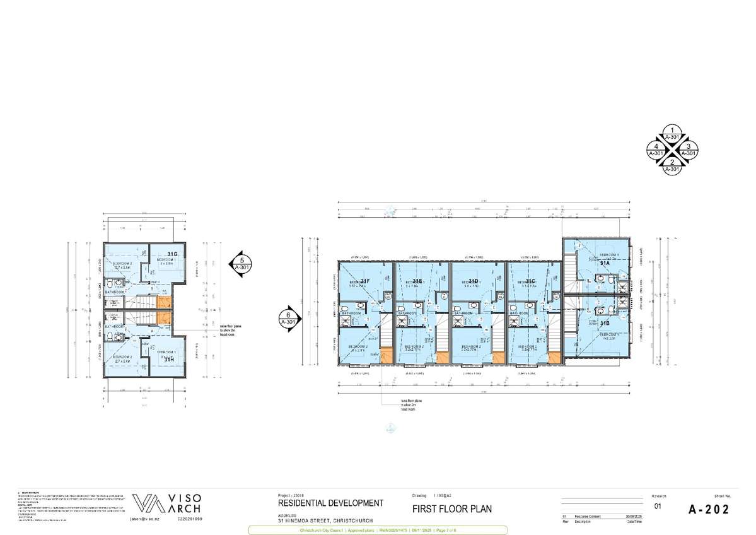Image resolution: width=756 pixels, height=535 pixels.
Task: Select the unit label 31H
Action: pos(169,360)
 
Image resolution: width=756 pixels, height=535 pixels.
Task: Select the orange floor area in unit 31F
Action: pos(386,356)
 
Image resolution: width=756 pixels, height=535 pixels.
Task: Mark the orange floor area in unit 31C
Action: pos(555,357)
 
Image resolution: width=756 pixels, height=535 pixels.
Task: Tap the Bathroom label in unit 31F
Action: pos(350,313)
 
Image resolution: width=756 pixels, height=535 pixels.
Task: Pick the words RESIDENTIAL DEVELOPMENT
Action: pos(330,503)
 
